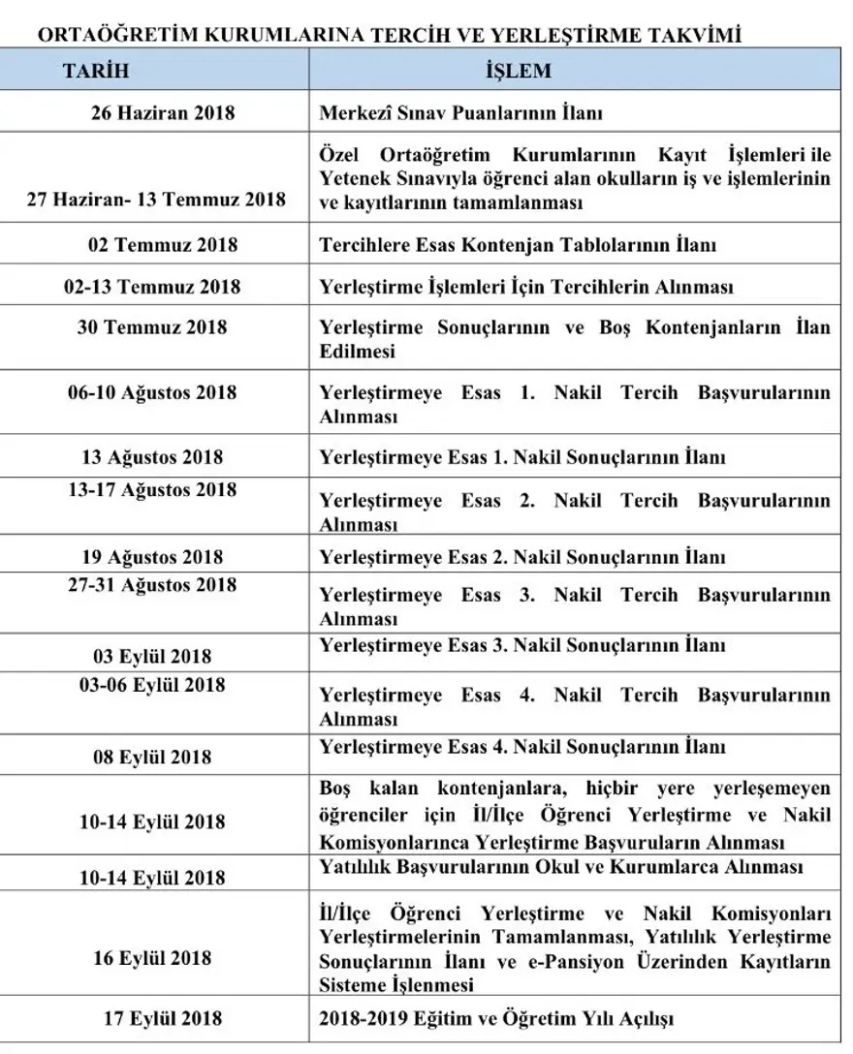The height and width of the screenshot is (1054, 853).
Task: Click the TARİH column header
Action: coord(96,72)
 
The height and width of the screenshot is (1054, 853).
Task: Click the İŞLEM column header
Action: coord(518,72)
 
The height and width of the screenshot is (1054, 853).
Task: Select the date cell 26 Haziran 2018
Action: coord(163,113)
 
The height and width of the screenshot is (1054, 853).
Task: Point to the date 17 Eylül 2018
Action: coord(161,1018)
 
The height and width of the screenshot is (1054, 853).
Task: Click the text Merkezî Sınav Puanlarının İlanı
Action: coord(461,113)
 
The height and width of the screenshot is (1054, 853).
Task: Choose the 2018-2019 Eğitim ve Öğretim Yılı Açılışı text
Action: coord(495,1018)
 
